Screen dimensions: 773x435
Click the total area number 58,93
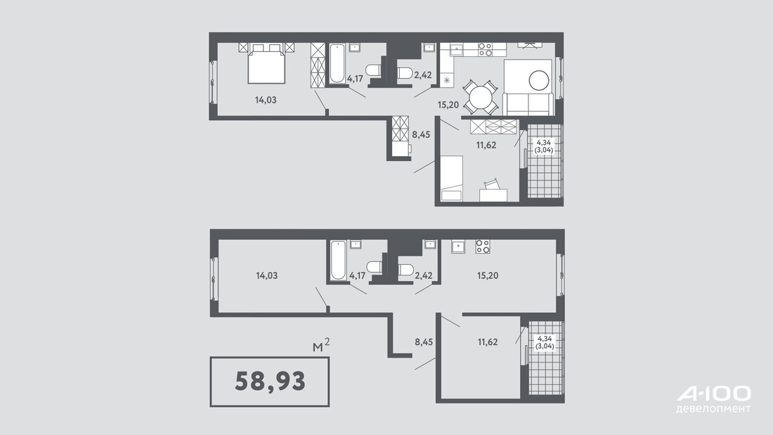pyautogui.click(x=270, y=382)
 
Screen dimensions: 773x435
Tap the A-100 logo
pyautogui.click(x=713, y=399)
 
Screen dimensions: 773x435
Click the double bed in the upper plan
pyautogui.click(x=266, y=64)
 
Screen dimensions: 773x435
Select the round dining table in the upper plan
pyautogui.click(x=481, y=97)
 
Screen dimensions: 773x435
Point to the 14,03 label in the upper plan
pyautogui.click(x=266, y=100)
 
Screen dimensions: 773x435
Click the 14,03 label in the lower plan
pyautogui.click(x=267, y=275)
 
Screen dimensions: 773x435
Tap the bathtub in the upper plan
pyautogui.click(x=337, y=64)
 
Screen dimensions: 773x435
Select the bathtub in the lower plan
pyautogui.click(x=338, y=260)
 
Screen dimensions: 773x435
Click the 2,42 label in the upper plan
pyautogui.click(x=423, y=75)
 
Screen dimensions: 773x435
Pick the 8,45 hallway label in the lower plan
pyautogui.click(x=424, y=342)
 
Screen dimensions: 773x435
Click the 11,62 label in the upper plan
pyautogui.click(x=486, y=145)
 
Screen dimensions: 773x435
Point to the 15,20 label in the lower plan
pyautogui.click(x=488, y=275)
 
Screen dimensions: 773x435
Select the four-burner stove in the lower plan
pyautogui.click(x=483, y=247)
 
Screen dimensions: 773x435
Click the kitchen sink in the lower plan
pyautogui.click(x=458, y=247)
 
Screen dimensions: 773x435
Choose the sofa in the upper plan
pyautogui.click(x=528, y=88)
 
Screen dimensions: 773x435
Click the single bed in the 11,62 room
pyautogui.click(x=452, y=178)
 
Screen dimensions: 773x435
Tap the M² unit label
pyautogui.click(x=321, y=345)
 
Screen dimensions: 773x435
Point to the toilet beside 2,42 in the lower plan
pyautogui.click(x=405, y=270)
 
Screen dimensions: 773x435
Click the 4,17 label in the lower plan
pyautogui.click(x=358, y=275)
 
